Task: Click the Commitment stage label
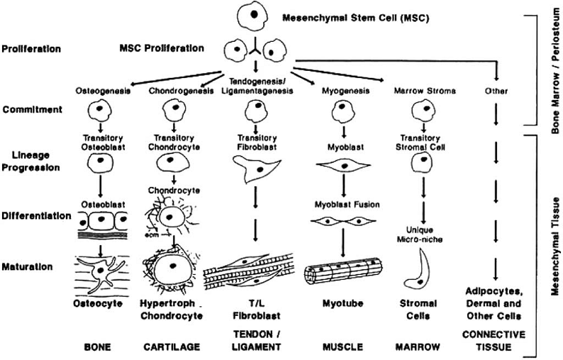pos(30,110)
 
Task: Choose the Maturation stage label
pos(29,267)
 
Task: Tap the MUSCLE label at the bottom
pos(338,348)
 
